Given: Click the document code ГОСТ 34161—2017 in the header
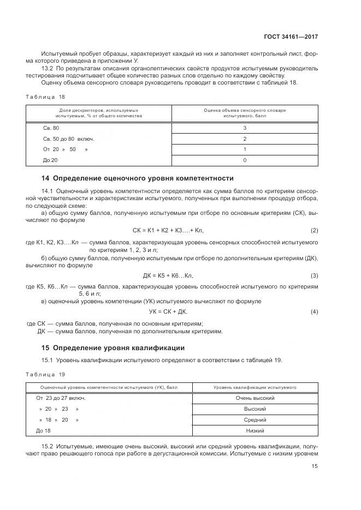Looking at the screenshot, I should (290, 37).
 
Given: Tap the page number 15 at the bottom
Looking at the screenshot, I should (315, 466).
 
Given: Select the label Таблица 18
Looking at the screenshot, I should (45, 96).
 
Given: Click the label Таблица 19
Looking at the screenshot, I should (45, 374).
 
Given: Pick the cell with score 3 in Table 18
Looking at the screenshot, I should (245, 128).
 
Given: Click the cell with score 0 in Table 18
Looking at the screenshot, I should (245, 160).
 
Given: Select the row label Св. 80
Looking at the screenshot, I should (51, 128).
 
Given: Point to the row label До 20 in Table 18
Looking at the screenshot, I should (50, 160).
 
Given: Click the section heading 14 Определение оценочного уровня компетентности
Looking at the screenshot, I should (138, 178).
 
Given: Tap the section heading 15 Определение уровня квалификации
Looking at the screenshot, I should (114, 347).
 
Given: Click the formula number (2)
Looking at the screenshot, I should (314, 230).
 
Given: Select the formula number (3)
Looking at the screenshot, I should (314, 275).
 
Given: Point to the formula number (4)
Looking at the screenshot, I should (314, 311).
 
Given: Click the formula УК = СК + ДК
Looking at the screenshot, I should (168, 311).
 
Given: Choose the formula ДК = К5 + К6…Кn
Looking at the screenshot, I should (168, 275).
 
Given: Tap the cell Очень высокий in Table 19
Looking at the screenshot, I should (255, 398).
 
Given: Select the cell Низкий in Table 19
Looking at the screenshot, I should (255, 431).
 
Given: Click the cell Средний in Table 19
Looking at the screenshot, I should (255, 420).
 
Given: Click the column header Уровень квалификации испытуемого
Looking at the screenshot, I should (255, 387).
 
